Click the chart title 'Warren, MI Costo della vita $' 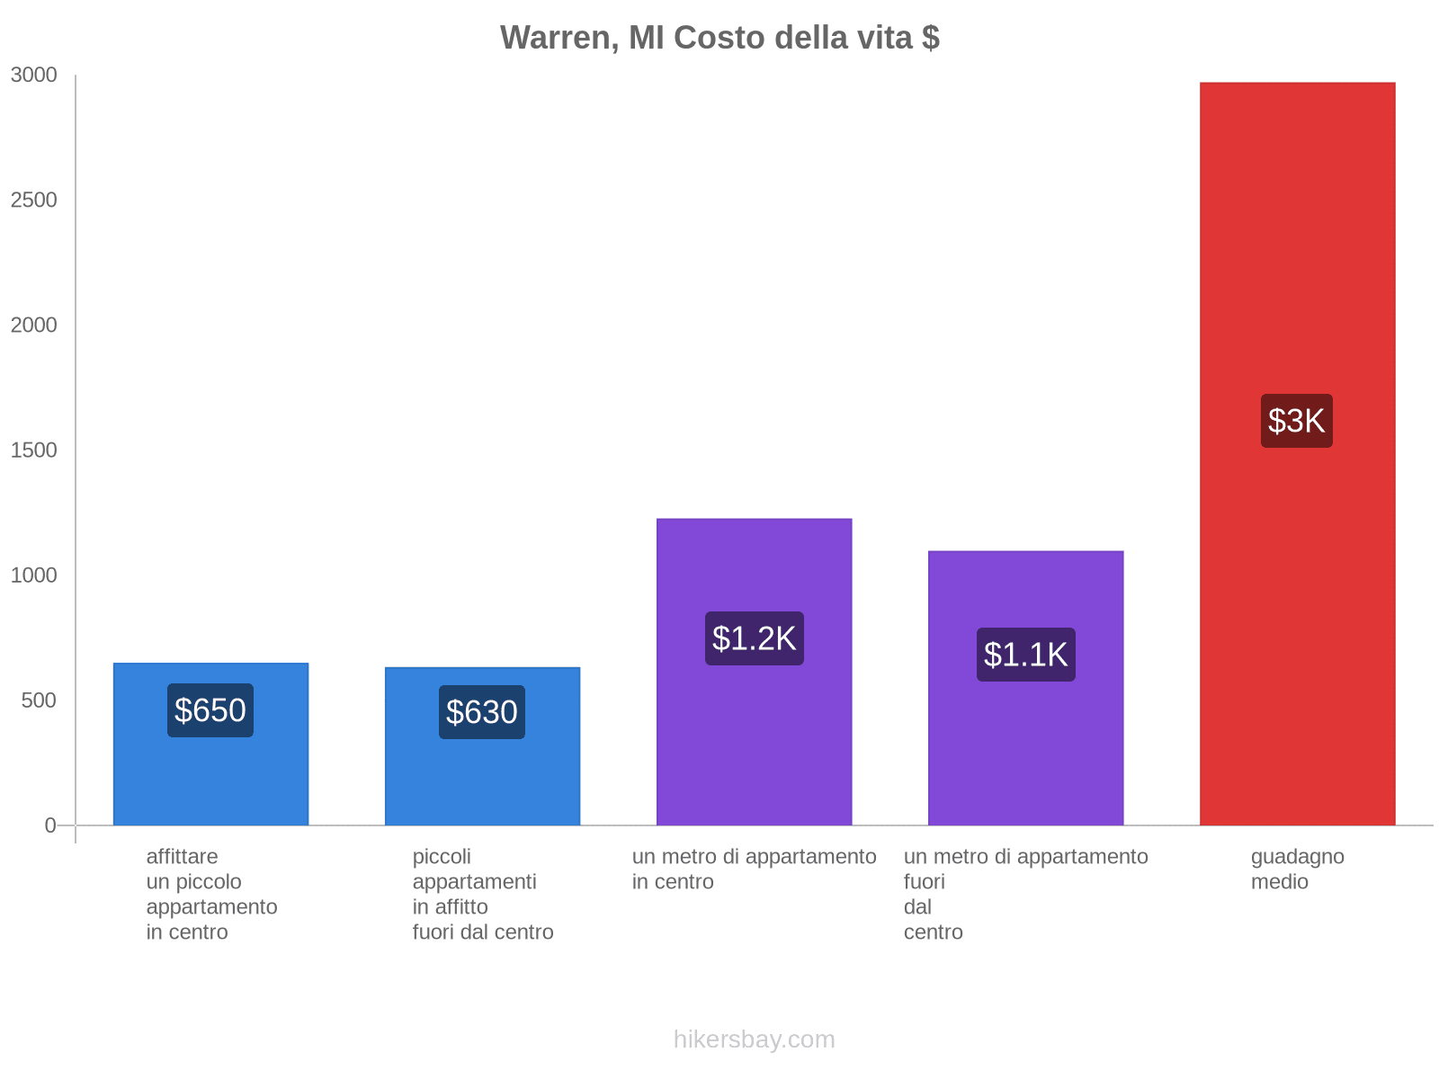pos(719,38)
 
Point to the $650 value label pos(210,710)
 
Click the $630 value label pos(482,712)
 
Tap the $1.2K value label pos(754,638)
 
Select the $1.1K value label pos(1025,655)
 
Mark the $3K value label pos(1296,421)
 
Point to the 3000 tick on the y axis pos(34,76)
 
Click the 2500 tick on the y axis pos(34,201)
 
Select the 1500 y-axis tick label pos(34,450)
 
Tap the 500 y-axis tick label pos(40,700)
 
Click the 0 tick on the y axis pos(50,825)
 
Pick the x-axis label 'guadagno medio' pos(1297,869)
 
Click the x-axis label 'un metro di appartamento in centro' pos(754,869)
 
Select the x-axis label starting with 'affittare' pos(211,894)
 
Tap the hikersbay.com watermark pos(754,1039)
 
